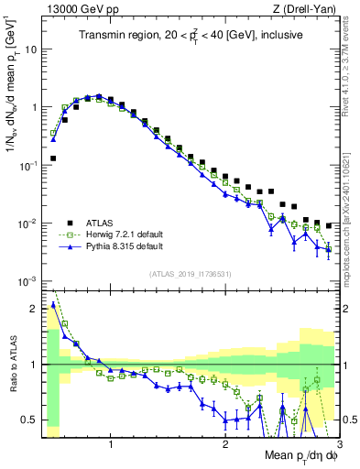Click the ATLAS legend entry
102,222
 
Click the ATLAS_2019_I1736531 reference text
190,274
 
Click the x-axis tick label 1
111,446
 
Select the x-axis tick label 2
225,446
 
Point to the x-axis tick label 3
338,446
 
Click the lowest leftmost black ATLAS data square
53,158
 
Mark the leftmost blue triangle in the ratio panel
53,305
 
